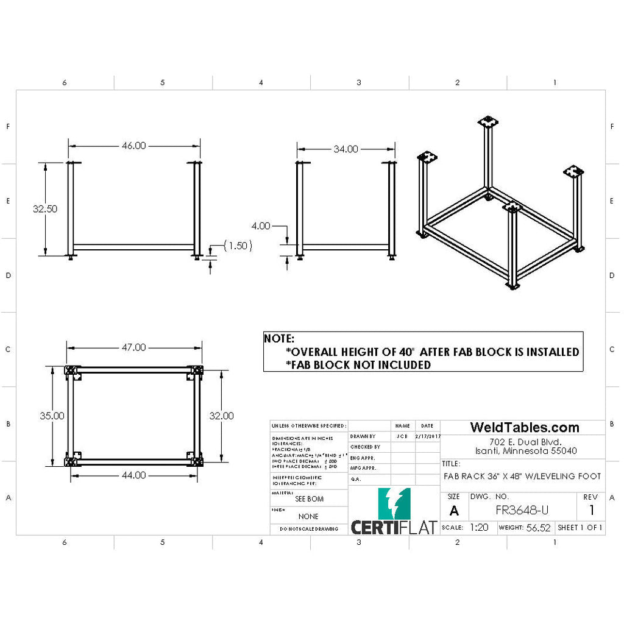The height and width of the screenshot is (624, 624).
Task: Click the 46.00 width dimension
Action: coord(134,146)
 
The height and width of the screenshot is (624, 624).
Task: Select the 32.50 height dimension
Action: coord(45,208)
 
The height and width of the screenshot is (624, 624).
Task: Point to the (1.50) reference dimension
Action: coord(238,246)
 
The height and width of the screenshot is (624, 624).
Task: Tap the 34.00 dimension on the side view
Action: coord(346,149)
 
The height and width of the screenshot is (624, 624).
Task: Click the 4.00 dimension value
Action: coord(260,225)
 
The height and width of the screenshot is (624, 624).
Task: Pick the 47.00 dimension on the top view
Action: coord(133,347)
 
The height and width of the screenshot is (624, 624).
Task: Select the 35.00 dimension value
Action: coord(52,416)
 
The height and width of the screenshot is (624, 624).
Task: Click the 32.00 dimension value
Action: coord(221,416)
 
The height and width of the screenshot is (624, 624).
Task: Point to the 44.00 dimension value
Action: coord(133,475)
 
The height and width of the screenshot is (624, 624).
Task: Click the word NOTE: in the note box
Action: coord(279,339)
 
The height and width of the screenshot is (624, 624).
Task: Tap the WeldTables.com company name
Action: coord(524,428)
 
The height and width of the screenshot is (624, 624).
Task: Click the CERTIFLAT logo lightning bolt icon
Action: coord(394,503)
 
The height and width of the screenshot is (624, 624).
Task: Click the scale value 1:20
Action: coord(479,528)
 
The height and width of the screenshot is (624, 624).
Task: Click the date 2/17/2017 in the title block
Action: coord(427,436)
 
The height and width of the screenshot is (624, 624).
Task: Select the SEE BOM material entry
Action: coord(309,498)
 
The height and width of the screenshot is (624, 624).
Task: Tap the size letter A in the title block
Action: coord(453,511)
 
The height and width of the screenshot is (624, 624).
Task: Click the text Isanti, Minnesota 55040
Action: coord(523,451)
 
